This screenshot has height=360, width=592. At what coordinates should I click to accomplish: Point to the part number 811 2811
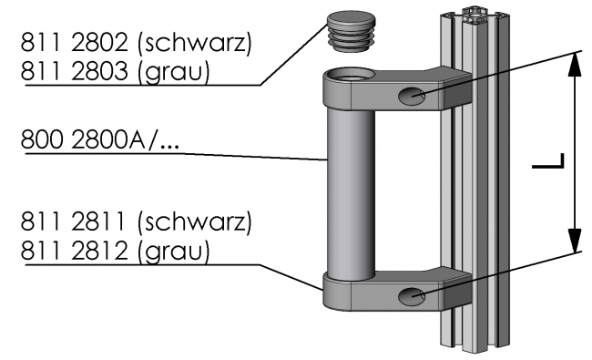pos(69,221)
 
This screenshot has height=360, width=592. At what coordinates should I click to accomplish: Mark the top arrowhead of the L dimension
pos(574,64)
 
